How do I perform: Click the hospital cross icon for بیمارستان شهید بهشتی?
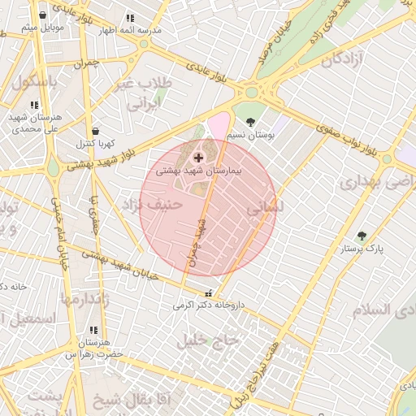(198, 156)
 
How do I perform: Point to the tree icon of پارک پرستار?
(362, 236)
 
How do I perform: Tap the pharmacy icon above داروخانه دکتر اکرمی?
(210, 293)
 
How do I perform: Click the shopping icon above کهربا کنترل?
(96, 130)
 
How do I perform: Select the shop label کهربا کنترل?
(97, 144)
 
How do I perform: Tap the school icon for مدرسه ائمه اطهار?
(130, 18)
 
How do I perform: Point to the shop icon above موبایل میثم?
(41, 15)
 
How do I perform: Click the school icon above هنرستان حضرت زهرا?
(93, 330)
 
